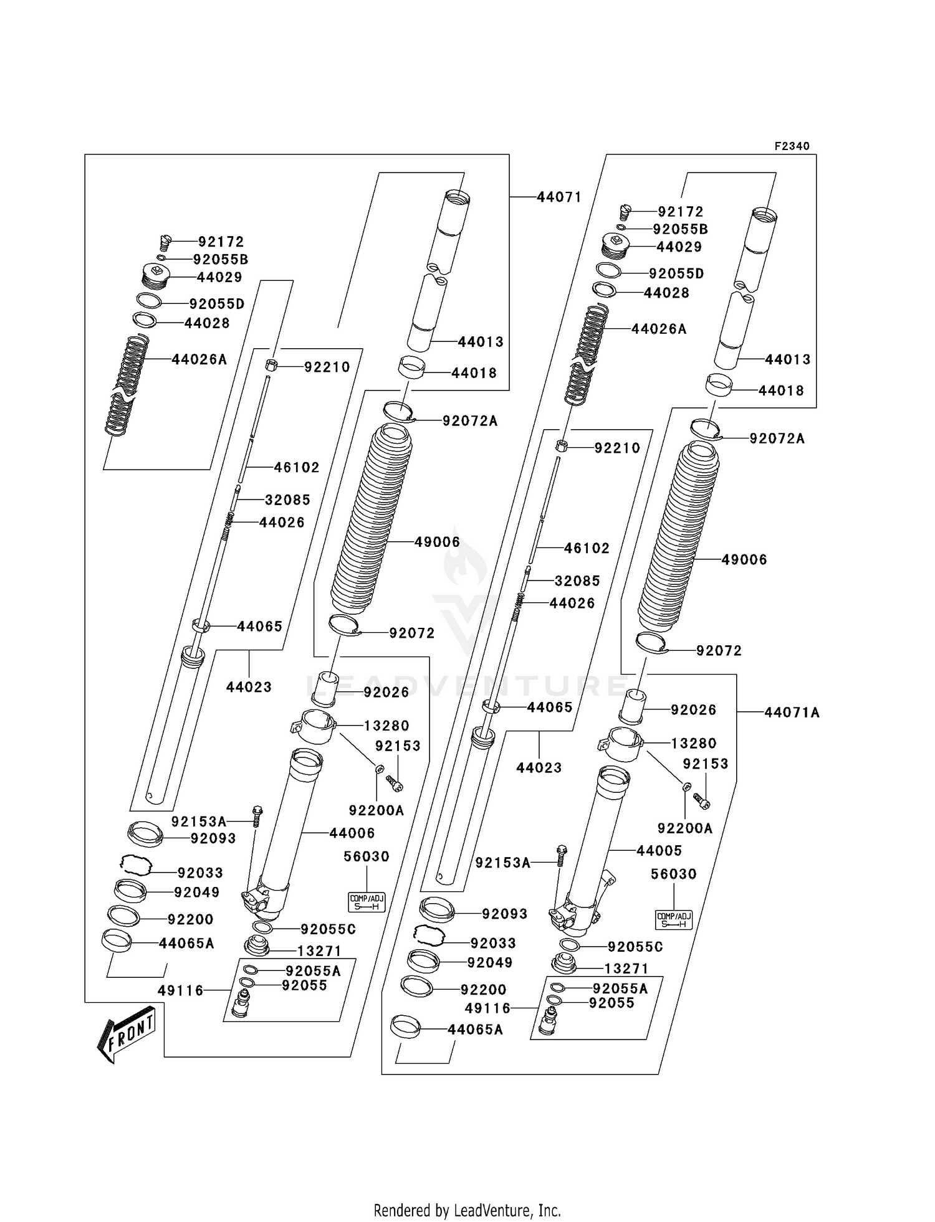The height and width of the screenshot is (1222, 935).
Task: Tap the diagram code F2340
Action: (792, 146)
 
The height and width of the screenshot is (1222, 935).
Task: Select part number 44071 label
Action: (559, 197)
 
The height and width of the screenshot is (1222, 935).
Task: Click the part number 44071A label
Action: (792, 713)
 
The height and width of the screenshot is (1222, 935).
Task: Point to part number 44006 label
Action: (352, 833)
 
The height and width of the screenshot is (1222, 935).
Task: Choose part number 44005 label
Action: (659, 850)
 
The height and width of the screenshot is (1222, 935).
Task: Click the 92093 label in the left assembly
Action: (213, 838)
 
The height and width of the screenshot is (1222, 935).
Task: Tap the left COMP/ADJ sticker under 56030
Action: (367, 902)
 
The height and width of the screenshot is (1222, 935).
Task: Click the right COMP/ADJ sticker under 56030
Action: (673, 919)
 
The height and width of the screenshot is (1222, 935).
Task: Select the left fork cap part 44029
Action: (156, 277)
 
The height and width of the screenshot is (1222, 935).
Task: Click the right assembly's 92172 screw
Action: (627, 212)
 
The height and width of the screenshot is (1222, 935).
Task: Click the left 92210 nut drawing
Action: (272, 365)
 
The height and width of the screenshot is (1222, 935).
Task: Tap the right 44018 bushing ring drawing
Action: (719, 386)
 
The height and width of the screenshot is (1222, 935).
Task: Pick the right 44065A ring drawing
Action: (405, 1027)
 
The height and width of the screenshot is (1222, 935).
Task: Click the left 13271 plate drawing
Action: (257, 946)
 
